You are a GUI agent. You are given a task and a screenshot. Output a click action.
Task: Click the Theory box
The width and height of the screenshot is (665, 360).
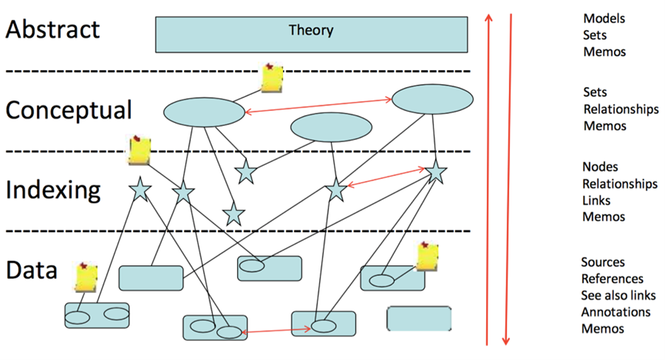(x=311, y=34)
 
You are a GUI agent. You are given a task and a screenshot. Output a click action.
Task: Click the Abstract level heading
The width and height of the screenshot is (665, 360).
(x=52, y=30)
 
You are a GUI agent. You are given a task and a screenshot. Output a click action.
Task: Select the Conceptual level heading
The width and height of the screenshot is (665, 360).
(x=69, y=110)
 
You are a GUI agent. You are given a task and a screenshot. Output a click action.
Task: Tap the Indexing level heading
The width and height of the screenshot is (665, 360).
(x=53, y=190)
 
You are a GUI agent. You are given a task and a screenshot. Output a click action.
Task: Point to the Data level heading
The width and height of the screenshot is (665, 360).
(x=31, y=269)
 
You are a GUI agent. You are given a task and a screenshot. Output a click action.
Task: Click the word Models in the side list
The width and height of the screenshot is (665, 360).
(x=603, y=18)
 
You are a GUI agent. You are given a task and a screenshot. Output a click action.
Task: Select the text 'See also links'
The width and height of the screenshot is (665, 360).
(x=618, y=295)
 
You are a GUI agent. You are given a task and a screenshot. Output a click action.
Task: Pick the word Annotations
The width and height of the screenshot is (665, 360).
(x=615, y=312)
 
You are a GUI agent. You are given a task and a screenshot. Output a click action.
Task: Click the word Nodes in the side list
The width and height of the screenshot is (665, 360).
(x=600, y=167)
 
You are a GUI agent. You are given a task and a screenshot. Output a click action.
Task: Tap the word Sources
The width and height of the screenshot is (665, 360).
(x=603, y=262)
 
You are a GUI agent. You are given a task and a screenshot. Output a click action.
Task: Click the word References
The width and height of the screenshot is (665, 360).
(x=612, y=279)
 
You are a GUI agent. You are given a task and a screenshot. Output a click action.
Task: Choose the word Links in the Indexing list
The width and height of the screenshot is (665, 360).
(x=596, y=200)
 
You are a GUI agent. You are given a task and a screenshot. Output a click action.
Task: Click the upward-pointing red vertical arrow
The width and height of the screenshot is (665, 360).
(x=487, y=177)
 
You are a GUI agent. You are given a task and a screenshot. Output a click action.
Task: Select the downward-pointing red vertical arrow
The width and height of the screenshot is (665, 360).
(x=507, y=177)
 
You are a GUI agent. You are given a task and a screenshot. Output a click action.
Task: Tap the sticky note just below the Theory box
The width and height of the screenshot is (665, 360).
(x=272, y=78)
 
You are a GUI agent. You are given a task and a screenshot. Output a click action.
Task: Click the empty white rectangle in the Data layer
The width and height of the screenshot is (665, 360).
(x=419, y=318)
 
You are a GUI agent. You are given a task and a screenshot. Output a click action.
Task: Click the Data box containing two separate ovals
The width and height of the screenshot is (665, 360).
(x=96, y=315)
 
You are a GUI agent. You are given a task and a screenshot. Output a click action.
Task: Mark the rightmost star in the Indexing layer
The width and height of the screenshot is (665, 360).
(x=436, y=170)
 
